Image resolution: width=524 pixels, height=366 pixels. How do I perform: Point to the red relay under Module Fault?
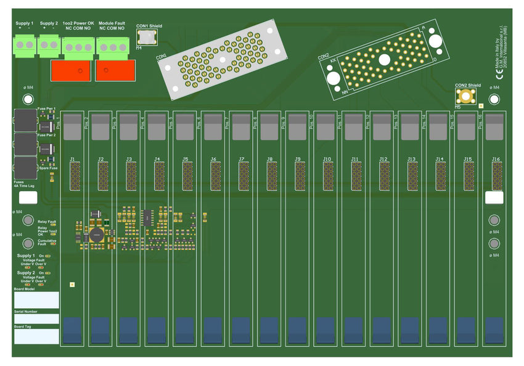pyautogui.click(x=115, y=70)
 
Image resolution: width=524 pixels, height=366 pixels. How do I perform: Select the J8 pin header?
pyautogui.click(x=272, y=176)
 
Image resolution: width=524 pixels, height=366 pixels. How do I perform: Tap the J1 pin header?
pyautogui.click(x=75, y=176)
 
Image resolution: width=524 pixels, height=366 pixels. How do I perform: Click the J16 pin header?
pyautogui.click(x=497, y=176)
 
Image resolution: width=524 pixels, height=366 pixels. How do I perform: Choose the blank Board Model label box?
pyautogui.click(x=36, y=300)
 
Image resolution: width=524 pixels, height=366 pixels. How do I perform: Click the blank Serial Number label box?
pyautogui.click(x=36, y=319)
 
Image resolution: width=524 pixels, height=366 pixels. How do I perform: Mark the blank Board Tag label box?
pyautogui.click(x=36, y=336)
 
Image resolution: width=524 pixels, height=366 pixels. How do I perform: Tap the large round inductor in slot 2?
pyautogui.click(x=96, y=235)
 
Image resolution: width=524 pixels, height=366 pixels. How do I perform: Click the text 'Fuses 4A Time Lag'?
pyautogui.click(x=24, y=182)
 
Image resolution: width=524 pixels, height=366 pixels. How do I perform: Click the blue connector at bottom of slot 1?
pyautogui.click(x=73, y=330)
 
